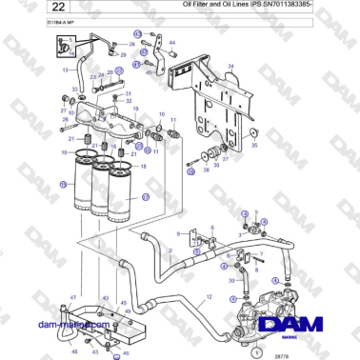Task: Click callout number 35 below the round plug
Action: [252, 148]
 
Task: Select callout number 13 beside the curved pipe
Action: [66, 70]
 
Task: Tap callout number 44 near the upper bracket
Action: [172, 44]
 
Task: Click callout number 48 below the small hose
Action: [74, 352]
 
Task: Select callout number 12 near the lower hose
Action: [209, 299]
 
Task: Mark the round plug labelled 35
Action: [254, 134]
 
